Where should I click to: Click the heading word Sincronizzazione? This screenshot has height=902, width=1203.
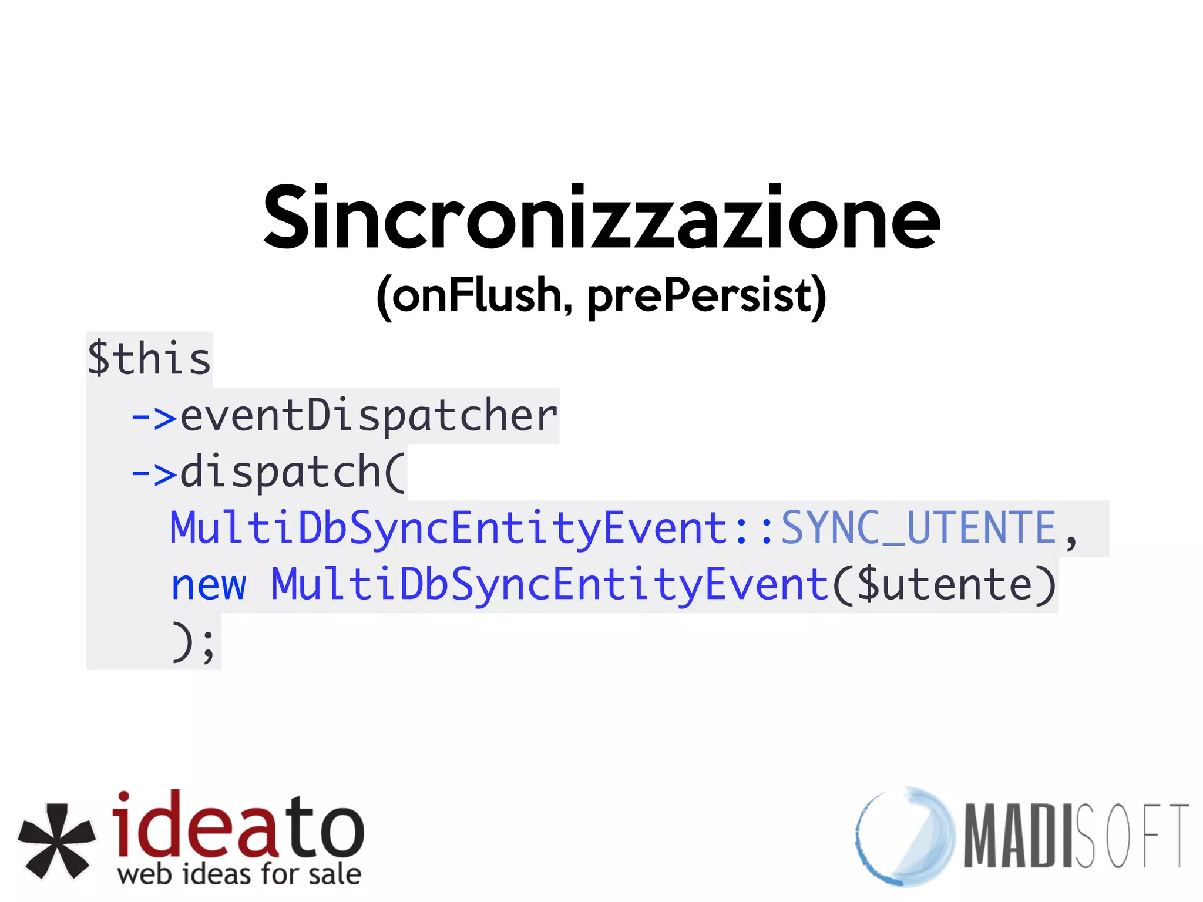(x=601, y=218)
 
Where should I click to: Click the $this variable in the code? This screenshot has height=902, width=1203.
(x=149, y=359)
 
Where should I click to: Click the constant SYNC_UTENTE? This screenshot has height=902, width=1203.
(x=918, y=528)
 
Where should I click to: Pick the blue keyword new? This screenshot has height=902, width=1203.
(x=209, y=585)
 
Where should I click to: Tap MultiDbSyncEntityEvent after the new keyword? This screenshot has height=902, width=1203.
(x=550, y=585)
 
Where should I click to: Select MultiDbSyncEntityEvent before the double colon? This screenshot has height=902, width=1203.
(x=449, y=528)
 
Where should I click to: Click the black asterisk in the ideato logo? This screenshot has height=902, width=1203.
(x=56, y=841)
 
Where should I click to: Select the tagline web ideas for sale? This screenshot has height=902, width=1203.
(x=239, y=874)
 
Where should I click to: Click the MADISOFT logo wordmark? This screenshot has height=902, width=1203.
(x=1075, y=836)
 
